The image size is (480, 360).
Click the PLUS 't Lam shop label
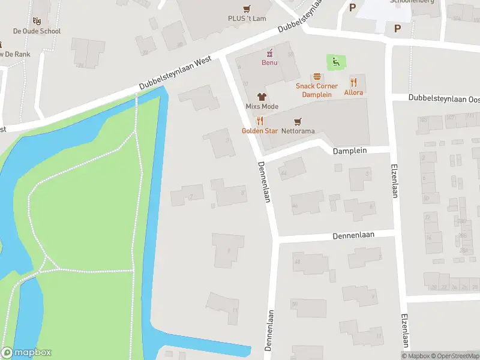247,19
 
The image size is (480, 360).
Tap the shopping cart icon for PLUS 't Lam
247,8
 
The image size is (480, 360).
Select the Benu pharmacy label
269,62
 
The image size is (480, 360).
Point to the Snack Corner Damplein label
316,90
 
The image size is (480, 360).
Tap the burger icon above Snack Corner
316,77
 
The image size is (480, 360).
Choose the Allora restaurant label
353,92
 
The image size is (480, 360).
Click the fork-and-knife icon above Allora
353,82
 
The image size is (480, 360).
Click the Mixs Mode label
262,106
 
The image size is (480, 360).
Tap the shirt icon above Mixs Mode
262,96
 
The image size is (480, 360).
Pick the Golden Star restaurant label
255,130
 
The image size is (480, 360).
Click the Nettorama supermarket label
298,130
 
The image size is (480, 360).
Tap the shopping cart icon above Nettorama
298,120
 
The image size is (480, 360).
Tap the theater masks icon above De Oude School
37,21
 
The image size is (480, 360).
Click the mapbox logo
26,353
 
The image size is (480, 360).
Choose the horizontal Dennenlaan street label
353,236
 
